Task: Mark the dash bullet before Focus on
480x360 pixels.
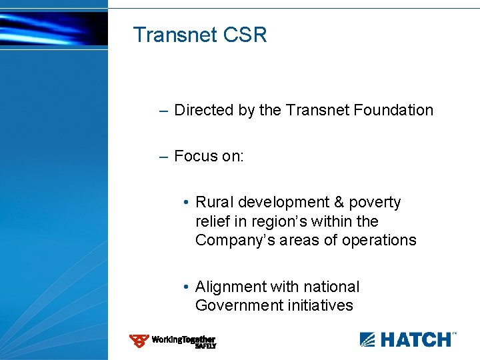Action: [x=164, y=156]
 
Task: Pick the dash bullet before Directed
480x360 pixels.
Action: [x=164, y=110]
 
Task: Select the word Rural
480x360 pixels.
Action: [x=214, y=202]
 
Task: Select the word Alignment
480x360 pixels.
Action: [x=231, y=287]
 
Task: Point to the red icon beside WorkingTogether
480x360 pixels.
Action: [x=139, y=341]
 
